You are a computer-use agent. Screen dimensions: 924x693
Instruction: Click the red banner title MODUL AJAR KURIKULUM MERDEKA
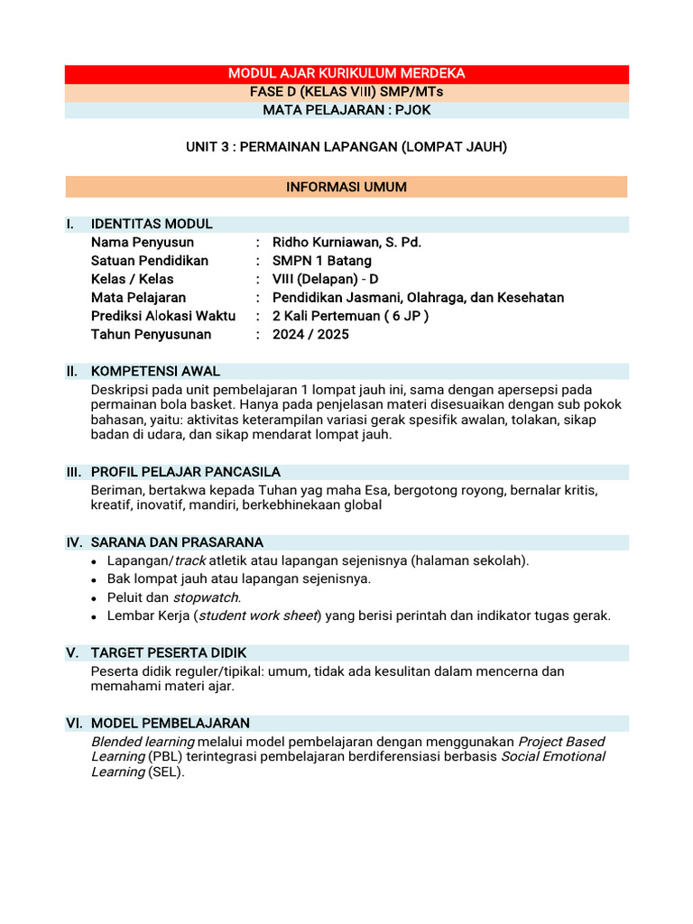[x=346, y=73]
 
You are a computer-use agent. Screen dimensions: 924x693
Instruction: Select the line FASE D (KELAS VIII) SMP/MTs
[x=346, y=92]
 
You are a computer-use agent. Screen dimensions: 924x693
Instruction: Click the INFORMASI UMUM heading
[x=346, y=187]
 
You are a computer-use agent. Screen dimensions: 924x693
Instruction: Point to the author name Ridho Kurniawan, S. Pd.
[x=346, y=242]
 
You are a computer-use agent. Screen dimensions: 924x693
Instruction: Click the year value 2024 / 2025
[x=310, y=334]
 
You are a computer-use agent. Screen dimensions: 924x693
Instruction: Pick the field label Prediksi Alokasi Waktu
[x=163, y=316]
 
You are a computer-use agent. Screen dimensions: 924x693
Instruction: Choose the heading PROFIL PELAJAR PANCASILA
[x=186, y=472]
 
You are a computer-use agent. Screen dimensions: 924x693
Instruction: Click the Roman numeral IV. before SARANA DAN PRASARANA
[x=74, y=542]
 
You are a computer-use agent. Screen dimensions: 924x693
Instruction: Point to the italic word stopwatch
[x=207, y=597]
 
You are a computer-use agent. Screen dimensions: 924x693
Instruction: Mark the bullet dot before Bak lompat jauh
[x=96, y=579]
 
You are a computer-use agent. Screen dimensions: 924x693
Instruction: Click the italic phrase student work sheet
[x=257, y=615]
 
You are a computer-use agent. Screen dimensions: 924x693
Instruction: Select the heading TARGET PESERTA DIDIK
[x=169, y=652]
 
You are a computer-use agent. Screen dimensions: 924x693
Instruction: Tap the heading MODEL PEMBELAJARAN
[x=171, y=723]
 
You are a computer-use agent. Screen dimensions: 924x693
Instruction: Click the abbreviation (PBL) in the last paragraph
[x=165, y=756]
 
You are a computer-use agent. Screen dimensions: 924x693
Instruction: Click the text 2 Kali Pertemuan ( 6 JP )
[x=350, y=316]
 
